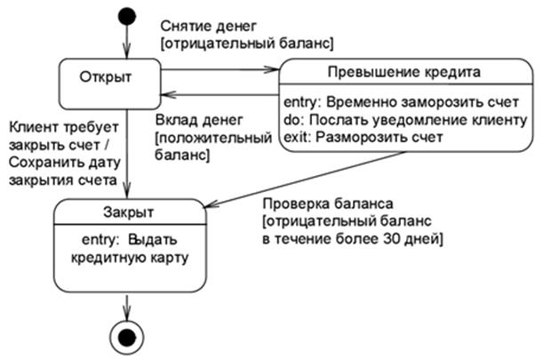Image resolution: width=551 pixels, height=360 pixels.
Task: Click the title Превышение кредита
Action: click(x=403, y=71)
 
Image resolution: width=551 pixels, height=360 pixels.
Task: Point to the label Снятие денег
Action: click(x=201, y=26)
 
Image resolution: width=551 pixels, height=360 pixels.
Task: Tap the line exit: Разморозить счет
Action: click(x=363, y=138)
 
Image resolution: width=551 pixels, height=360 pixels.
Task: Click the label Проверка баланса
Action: click(x=315, y=202)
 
